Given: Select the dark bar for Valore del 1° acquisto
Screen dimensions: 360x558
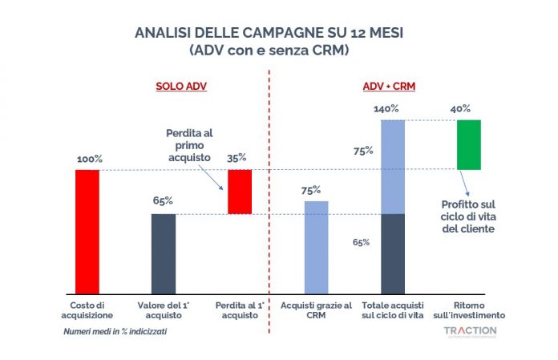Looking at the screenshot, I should coord(164,253).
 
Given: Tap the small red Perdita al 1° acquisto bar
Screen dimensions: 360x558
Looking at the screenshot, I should coord(240,192).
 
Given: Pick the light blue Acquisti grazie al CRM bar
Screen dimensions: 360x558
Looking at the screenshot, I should coord(317,246).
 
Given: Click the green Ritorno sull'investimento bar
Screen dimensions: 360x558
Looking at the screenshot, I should coord(468,144).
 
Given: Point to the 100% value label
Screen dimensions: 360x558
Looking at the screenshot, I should coord(89,159).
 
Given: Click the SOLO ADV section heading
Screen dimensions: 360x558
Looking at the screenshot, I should coord(180,87).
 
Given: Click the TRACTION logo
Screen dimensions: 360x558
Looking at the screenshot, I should coord(469,330).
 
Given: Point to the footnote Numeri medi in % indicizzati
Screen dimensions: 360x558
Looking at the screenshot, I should coord(116,330).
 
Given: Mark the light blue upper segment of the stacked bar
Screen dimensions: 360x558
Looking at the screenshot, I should coord(393,167).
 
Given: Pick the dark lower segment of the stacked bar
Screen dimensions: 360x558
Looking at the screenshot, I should coord(393,253).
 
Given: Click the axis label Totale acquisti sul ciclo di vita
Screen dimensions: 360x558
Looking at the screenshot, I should coord(392,309).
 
